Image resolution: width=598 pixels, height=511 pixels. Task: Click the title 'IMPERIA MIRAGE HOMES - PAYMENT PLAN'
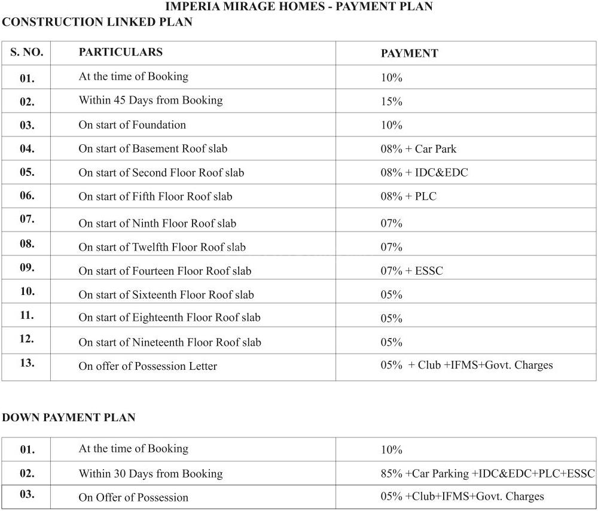tap(298, 7)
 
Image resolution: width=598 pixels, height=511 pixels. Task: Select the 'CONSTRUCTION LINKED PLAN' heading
tap(97, 22)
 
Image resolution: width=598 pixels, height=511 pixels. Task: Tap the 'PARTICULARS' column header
tap(120, 52)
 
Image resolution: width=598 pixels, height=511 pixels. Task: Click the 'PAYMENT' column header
tap(409, 53)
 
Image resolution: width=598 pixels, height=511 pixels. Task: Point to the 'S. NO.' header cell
tap(27, 52)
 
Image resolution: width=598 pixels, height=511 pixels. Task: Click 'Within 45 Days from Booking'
tap(150, 101)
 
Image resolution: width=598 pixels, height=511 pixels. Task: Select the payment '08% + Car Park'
tap(419, 149)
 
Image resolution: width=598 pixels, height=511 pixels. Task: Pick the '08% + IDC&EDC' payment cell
tap(424, 173)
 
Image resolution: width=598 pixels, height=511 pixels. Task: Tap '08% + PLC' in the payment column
tap(408, 196)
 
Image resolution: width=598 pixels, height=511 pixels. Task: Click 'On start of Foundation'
tap(132, 125)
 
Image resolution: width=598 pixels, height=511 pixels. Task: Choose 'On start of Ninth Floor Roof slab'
tap(157, 224)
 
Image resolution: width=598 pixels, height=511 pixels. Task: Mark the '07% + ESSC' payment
tap(411, 271)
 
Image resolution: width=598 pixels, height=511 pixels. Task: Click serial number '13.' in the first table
tap(27, 363)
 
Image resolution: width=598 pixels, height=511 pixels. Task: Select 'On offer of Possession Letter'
tap(148, 366)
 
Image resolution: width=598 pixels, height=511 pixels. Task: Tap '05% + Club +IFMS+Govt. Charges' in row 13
tap(466, 365)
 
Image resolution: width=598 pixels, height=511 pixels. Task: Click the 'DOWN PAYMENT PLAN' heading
tap(69, 418)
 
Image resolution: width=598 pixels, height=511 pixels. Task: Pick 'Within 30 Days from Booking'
tap(150, 474)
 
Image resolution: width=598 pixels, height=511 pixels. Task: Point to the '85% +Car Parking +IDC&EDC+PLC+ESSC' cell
tap(487, 474)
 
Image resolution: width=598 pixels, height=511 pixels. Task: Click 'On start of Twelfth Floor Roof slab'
tap(162, 247)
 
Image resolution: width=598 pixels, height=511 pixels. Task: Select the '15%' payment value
tap(392, 102)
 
